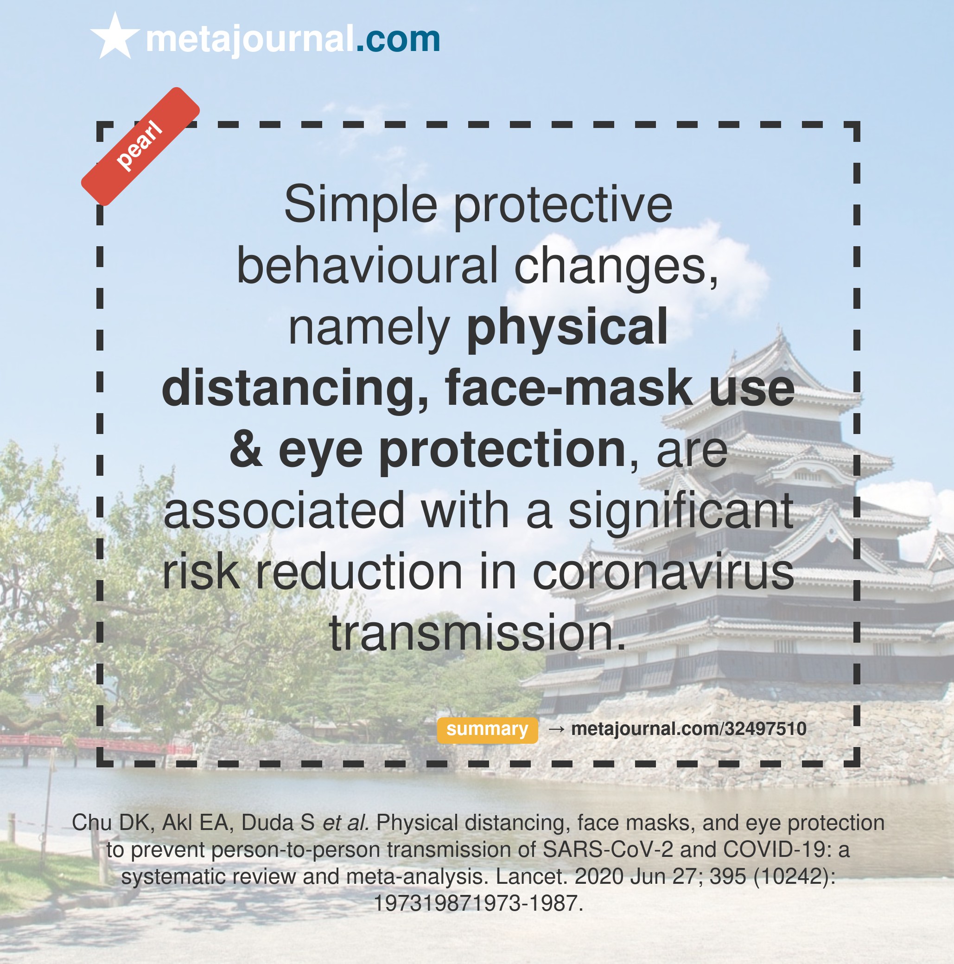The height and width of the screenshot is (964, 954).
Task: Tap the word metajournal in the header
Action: tap(249, 39)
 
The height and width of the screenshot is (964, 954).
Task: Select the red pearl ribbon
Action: tap(140, 146)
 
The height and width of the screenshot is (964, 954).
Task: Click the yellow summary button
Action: tap(487, 729)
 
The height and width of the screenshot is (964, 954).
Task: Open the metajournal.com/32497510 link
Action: tap(688, 729)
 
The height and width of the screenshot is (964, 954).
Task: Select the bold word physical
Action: tap(567, 328)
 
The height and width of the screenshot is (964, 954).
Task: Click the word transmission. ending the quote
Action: tap(477, 632)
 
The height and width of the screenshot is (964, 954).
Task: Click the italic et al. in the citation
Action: tap(346, 823)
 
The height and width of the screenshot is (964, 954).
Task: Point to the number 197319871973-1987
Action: tap(478, 904)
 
